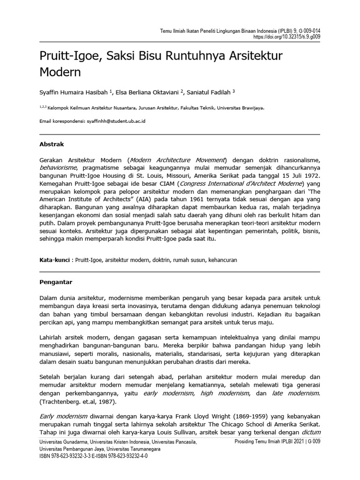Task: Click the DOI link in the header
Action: [x=287, y=36]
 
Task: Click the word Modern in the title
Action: [x=60, y=73]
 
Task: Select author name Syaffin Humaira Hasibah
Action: [x=77, y=92]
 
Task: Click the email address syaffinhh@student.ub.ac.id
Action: [x=116, y=121]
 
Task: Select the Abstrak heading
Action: [x=52, y=144]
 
